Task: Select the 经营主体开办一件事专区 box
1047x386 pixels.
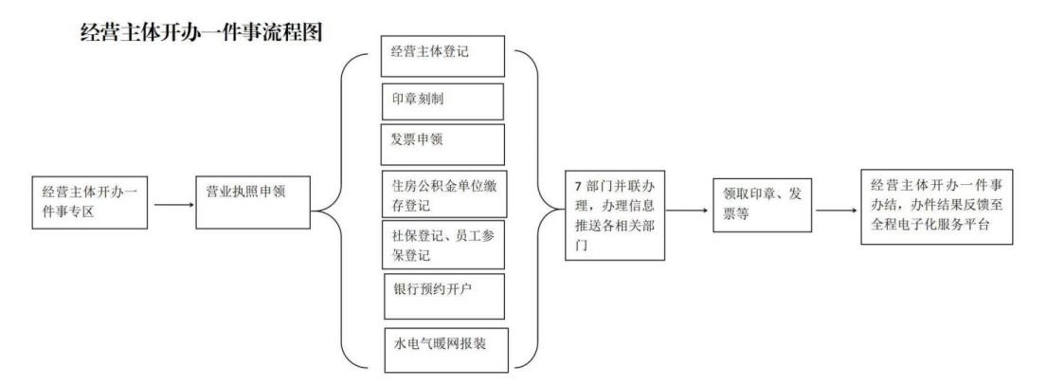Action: click(91, 200)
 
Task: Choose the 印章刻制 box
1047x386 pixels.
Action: click(442, 101)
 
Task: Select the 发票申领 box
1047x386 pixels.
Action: click(442, 144)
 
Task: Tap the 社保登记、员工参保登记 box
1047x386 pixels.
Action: click(442, 245)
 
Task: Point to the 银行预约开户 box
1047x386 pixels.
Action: click(442, 294)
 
